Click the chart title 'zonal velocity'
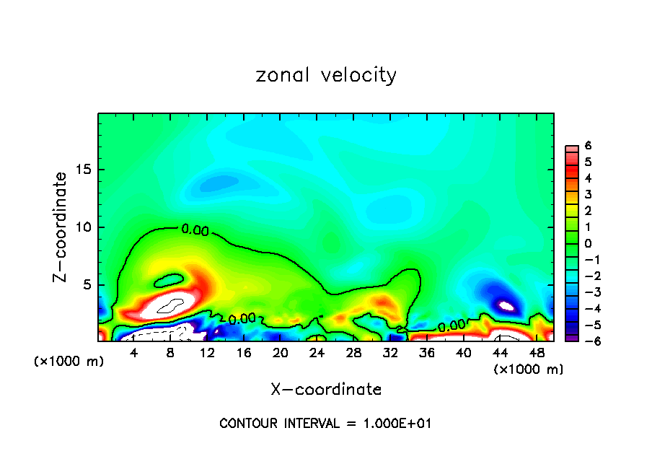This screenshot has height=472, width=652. (326, 75)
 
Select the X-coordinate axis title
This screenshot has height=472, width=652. (326, 390)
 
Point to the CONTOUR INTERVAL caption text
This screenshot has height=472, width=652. (325, 424)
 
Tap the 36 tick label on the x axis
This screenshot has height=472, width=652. (427, 353)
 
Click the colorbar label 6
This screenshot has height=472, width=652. (588, 146)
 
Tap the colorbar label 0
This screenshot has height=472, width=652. (588, 243)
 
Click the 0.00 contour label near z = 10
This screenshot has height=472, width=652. (195, 230)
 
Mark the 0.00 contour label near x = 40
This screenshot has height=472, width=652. (451, 326)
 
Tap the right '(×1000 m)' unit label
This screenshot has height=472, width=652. (528, 370)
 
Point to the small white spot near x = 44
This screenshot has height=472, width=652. (506, 306)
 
